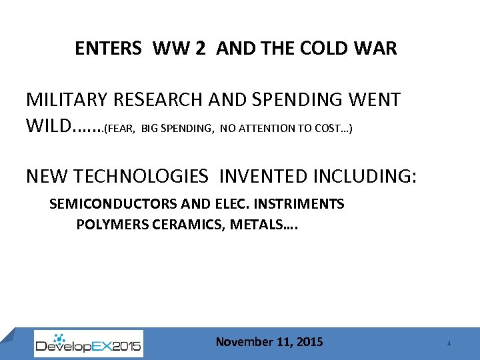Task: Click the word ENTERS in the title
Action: (108, 49)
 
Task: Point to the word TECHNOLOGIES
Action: (143, 176)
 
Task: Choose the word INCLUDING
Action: (365, 176)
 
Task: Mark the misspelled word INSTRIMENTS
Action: (300, 204)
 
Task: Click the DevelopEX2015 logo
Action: (88, 343)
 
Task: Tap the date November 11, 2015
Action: (269, 342)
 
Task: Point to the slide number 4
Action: (449, 343)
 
